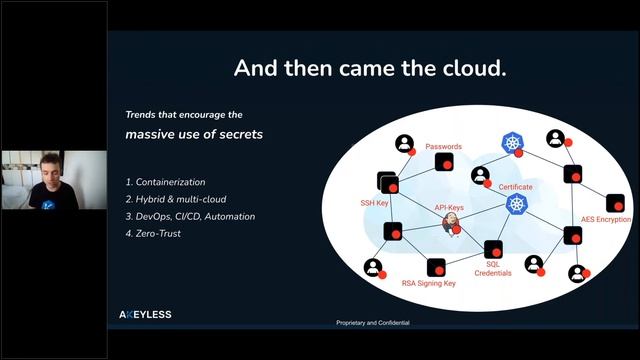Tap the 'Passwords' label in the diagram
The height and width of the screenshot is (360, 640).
443,147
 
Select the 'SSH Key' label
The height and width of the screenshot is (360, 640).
374,203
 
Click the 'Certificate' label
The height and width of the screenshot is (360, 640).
515,187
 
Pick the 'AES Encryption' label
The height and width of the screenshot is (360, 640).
607,218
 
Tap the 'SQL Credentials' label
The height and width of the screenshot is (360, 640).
492,268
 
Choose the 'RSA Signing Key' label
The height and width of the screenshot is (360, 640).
428,283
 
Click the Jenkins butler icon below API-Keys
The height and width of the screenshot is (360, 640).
451,223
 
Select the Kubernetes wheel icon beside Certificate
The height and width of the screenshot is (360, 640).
516,204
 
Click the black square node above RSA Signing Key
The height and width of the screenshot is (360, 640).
435,266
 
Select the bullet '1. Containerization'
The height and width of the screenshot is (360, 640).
165,182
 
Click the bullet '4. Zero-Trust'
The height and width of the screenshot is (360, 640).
154,233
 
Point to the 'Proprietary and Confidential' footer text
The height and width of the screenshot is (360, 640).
372,323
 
